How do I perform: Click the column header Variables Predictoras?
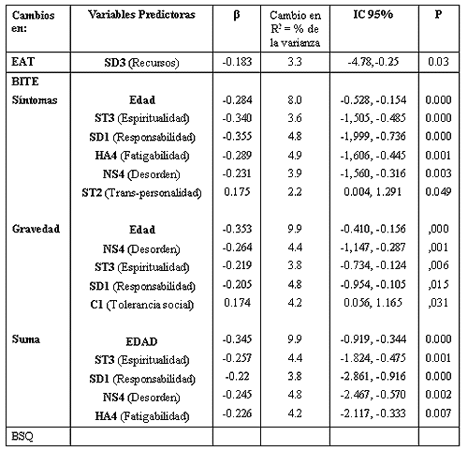coord(141,15)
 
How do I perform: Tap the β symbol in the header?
coord(237,15)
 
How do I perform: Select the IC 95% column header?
coord(373,14)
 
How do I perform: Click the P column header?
coord(438,14)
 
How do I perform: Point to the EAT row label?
coord(23,62)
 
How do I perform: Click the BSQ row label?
coord(22,436)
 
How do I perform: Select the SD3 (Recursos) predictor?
coord(141,63)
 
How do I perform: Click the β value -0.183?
coord(237,62)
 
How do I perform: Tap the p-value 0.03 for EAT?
coord(438,62)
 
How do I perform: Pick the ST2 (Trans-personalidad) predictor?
coord(141,193)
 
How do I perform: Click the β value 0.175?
coord(237,191)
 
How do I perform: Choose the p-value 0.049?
coord(438,191)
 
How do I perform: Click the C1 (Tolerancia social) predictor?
coord(141,305)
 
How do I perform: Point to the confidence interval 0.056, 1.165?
coord(373,303)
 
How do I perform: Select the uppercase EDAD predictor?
coord(141,341)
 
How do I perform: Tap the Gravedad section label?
coord(36,229)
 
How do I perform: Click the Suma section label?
coord(26,339)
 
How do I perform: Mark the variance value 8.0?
coord(295,100)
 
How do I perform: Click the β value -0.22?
coord(237,376)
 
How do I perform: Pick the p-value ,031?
coord(438,303)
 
